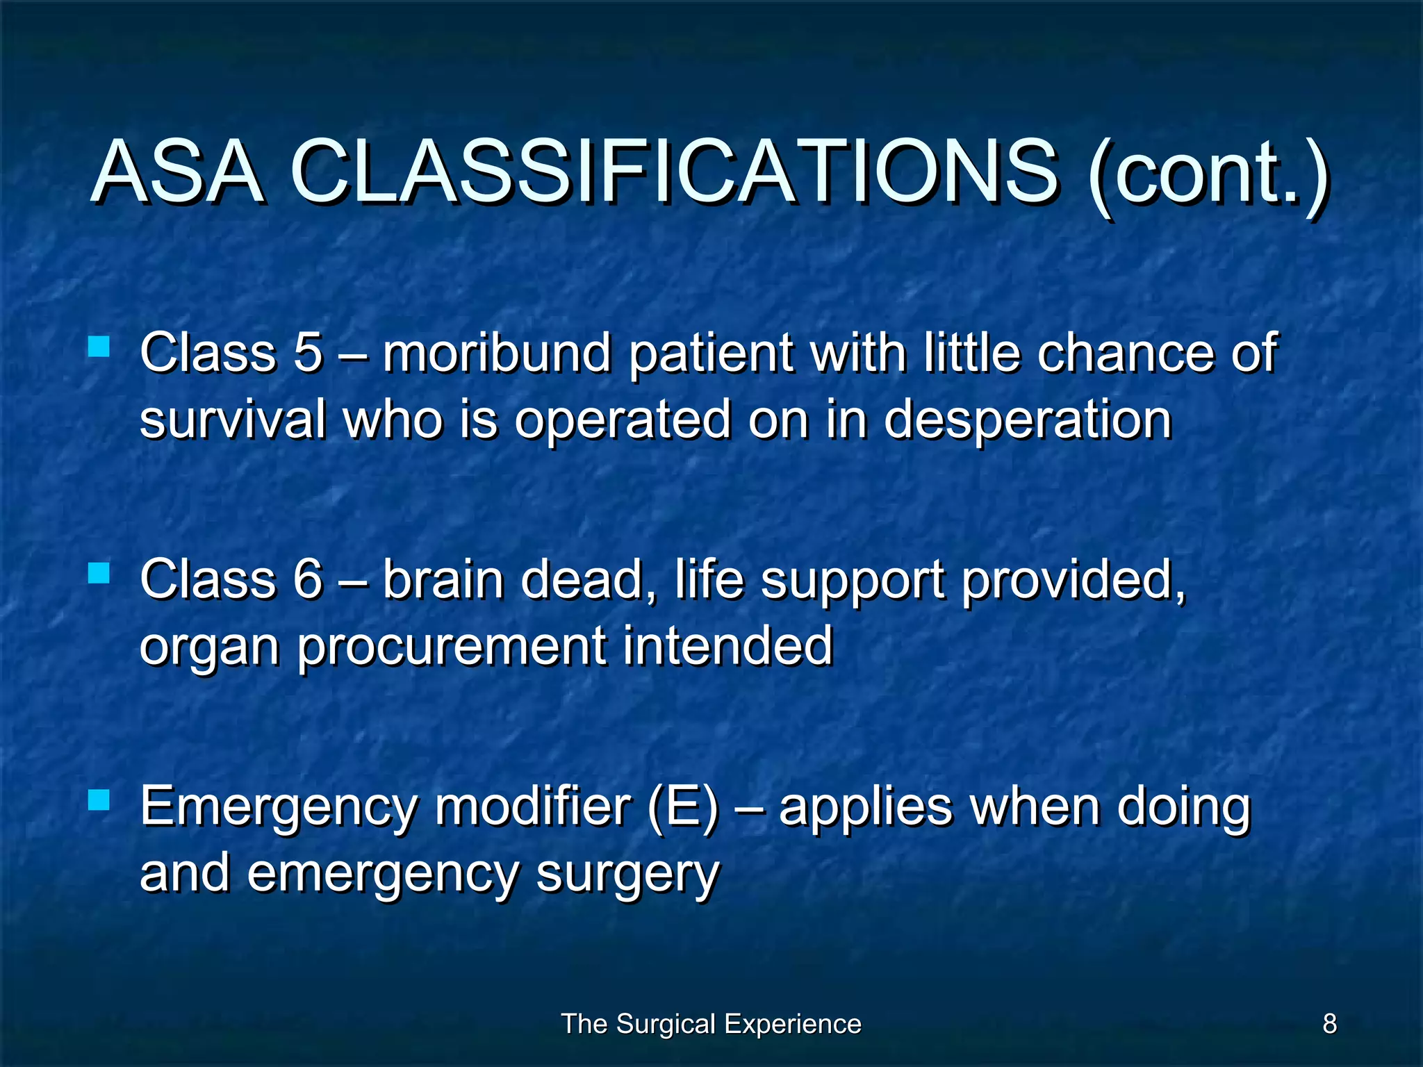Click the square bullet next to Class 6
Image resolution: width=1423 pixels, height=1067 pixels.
click(x=99, y=573)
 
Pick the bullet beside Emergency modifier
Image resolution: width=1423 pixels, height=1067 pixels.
click(x=99, y=800)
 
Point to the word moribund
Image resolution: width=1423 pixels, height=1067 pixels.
click(x=496, y=352)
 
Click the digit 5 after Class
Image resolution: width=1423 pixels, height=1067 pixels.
click(x=308, y=352)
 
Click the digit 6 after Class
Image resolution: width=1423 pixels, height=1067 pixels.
click(x=308, y=579)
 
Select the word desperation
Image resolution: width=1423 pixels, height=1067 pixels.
click(x=1028, y=421)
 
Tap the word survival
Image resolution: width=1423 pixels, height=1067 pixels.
click(x=233, y=420)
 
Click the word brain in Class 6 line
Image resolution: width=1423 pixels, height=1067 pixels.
click(x=443, y=579)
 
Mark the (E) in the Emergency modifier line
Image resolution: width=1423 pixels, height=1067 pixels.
click(x=682, y=807)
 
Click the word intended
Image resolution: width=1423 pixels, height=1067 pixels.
click(x=727, y=645)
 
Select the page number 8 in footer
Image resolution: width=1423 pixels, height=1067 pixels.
click(x=1329, y=1024)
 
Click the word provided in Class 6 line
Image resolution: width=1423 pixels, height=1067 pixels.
click(x=1073, y=581)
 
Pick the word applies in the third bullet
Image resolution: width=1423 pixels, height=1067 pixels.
click(x=865, y=809)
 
